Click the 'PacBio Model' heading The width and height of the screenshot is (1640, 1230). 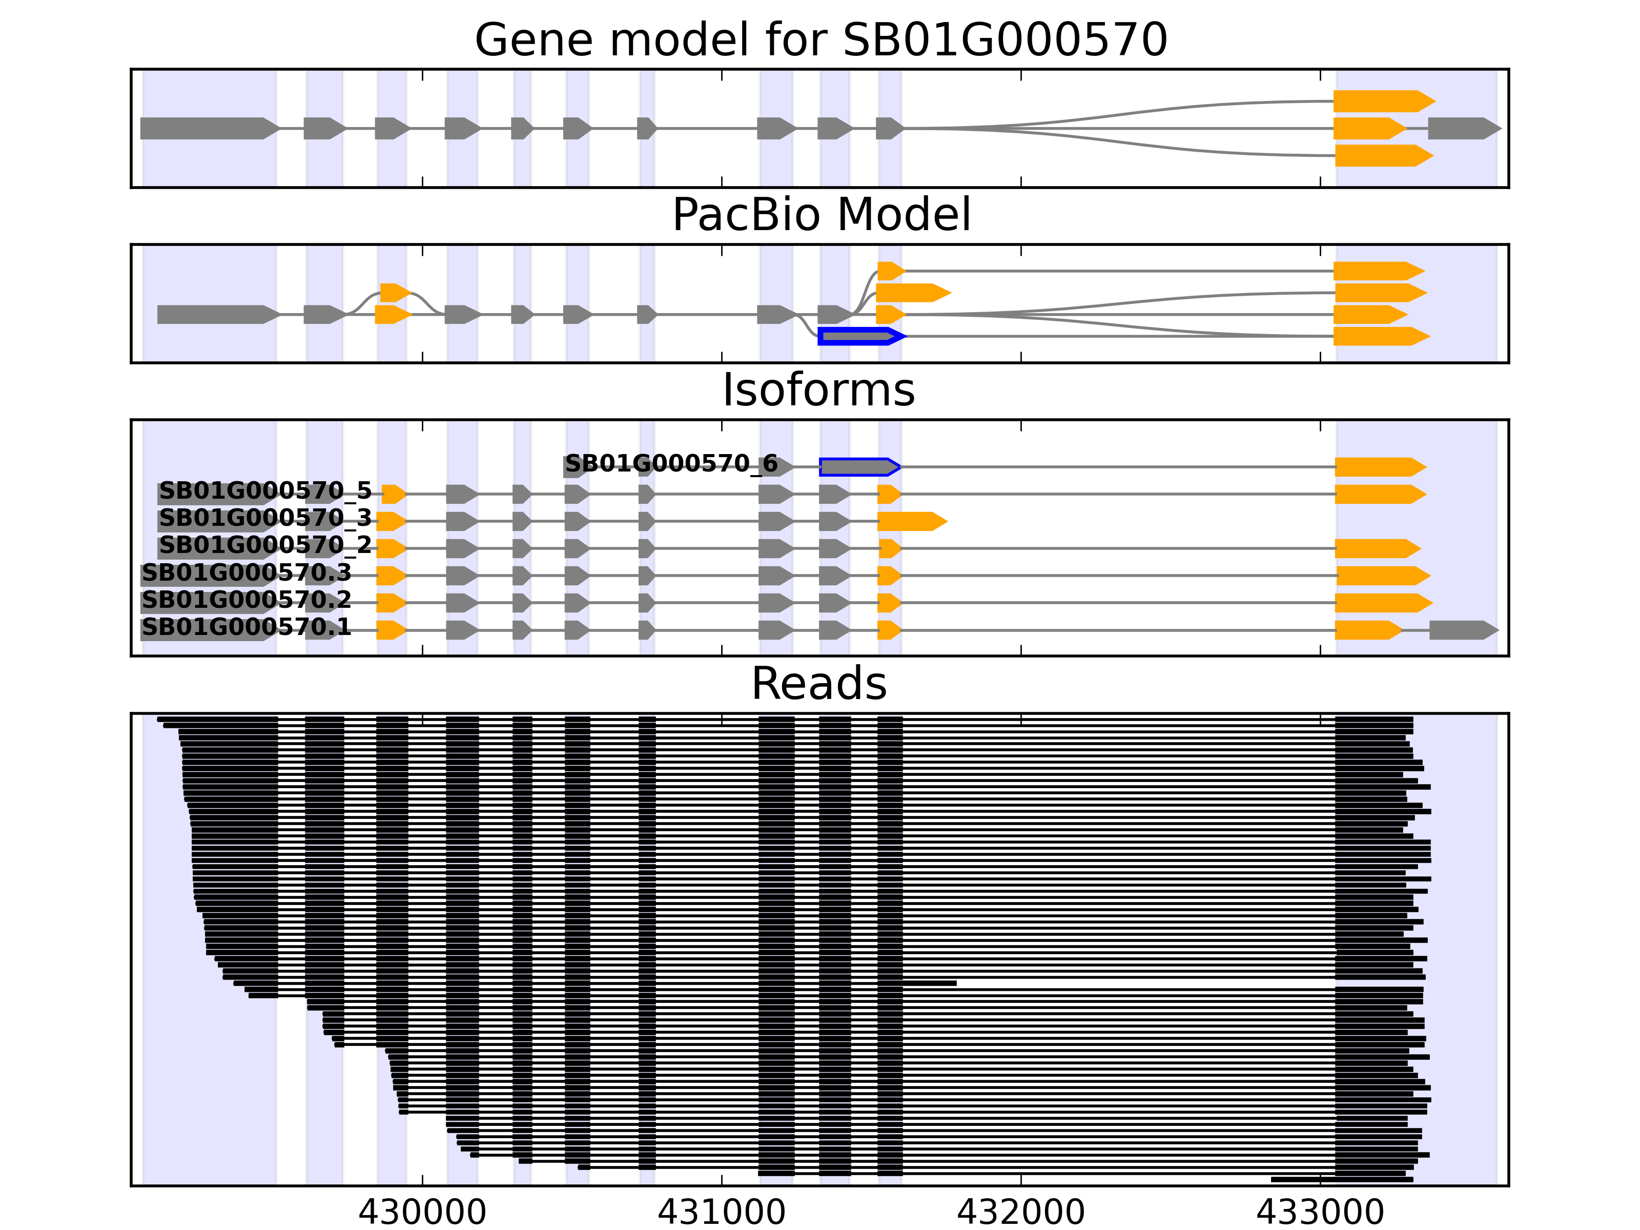tap(820, 215)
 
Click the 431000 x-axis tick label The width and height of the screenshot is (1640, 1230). tap(722, 1212)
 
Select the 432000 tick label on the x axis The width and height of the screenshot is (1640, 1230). tap(1020, 1212)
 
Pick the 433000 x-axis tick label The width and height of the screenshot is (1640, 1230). tap(1320, 1212)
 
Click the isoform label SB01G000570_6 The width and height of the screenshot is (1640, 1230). tap(671, 464)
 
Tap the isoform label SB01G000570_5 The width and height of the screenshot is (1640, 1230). tap(264, 491)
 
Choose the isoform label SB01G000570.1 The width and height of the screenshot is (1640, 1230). tap(246, 627)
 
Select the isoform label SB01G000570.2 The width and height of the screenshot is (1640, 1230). tap(246, 600)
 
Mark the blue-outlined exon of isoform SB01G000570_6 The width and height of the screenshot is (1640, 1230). tap(858, 467)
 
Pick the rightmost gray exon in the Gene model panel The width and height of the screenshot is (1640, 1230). tap(1463, 128)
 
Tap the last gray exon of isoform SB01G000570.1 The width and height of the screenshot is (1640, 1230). tap(1462, 630)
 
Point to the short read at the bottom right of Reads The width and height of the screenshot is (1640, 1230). tap(1341, 1179)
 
